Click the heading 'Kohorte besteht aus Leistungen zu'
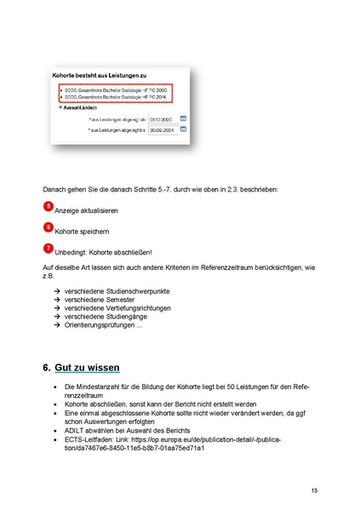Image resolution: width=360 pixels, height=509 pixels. (100, 76)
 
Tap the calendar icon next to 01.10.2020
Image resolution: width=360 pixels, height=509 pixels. (183, 119)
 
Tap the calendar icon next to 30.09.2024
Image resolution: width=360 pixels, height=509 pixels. (183, 130)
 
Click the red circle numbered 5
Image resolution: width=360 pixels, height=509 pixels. (47, 206)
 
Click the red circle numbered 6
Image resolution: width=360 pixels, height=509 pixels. (47, 227)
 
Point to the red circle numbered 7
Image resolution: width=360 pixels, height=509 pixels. (47, 248)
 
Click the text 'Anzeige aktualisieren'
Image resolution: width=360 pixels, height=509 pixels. (87, 210)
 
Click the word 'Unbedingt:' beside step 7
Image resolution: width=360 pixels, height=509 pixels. (71, 252)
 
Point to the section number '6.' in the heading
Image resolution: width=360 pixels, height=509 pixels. (48, 367)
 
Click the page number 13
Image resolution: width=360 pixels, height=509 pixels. (314, 491)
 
